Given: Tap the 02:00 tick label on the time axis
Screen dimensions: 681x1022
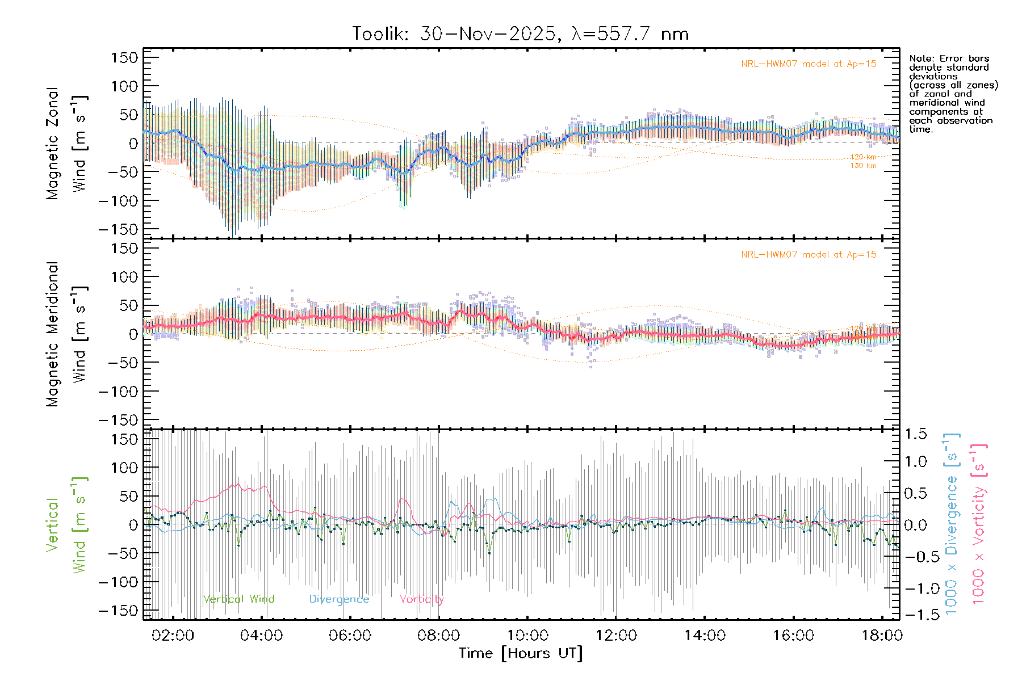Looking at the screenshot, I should (173, 636).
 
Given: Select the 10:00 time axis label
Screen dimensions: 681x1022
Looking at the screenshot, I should (527, 636).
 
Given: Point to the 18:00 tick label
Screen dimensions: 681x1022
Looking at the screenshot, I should (881, 636).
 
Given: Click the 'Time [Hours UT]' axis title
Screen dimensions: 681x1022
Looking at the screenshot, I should (521, 653).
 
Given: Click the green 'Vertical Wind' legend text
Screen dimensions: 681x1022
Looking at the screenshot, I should (238, 599).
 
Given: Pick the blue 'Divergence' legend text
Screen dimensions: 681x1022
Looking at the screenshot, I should (339, 599).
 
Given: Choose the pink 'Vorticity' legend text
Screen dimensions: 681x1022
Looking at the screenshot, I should (421, 599).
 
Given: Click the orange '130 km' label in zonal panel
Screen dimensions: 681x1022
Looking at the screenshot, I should (863, 166).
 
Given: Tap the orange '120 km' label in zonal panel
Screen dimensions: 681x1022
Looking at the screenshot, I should (863, 157).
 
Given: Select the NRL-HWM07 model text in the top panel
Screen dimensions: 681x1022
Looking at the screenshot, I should (809, 64).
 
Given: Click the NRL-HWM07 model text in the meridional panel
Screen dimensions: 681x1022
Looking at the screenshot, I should (809, 255).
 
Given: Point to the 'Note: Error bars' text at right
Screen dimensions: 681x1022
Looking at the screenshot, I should (949, 59).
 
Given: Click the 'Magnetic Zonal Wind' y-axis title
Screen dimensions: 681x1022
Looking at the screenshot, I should (67, 144).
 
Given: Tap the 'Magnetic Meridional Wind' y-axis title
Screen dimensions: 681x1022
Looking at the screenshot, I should (67, 334).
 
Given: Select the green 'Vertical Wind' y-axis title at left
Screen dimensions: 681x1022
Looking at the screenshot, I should (67, 525).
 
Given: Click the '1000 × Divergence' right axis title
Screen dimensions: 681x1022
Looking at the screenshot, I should (951, 524).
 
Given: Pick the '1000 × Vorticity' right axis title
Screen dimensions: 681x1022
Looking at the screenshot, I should (978, 524).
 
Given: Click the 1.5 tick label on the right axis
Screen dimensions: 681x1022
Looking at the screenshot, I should (915, 434).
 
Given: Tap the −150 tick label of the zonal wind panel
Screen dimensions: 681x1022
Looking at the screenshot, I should (118, 229).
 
